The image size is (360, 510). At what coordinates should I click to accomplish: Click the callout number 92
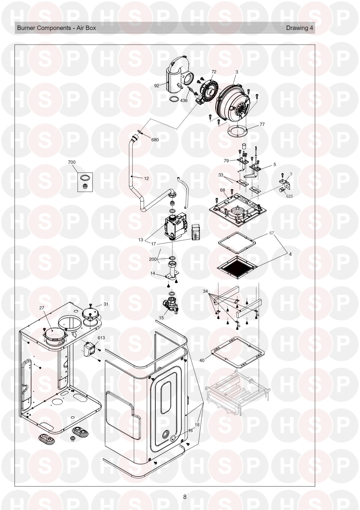click(x=157, y=86)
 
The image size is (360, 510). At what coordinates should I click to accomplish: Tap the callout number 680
click(x=155, y=140)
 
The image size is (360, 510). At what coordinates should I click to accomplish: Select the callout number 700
click(x=71, y=162)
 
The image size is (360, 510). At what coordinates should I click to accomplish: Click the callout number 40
click(x=202, y=360)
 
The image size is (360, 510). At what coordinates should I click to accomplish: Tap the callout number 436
click(x=184, y=101)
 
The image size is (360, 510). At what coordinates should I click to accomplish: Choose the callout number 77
click(x=262, y=124)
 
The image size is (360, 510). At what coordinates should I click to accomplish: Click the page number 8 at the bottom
click(x=185, y=497)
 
